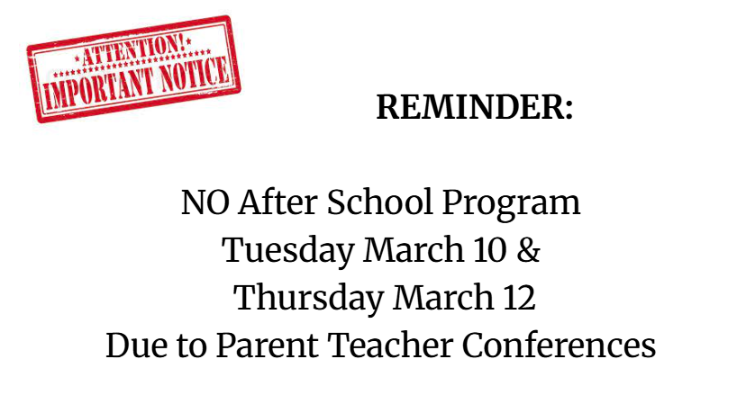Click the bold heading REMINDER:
point(475,108)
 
